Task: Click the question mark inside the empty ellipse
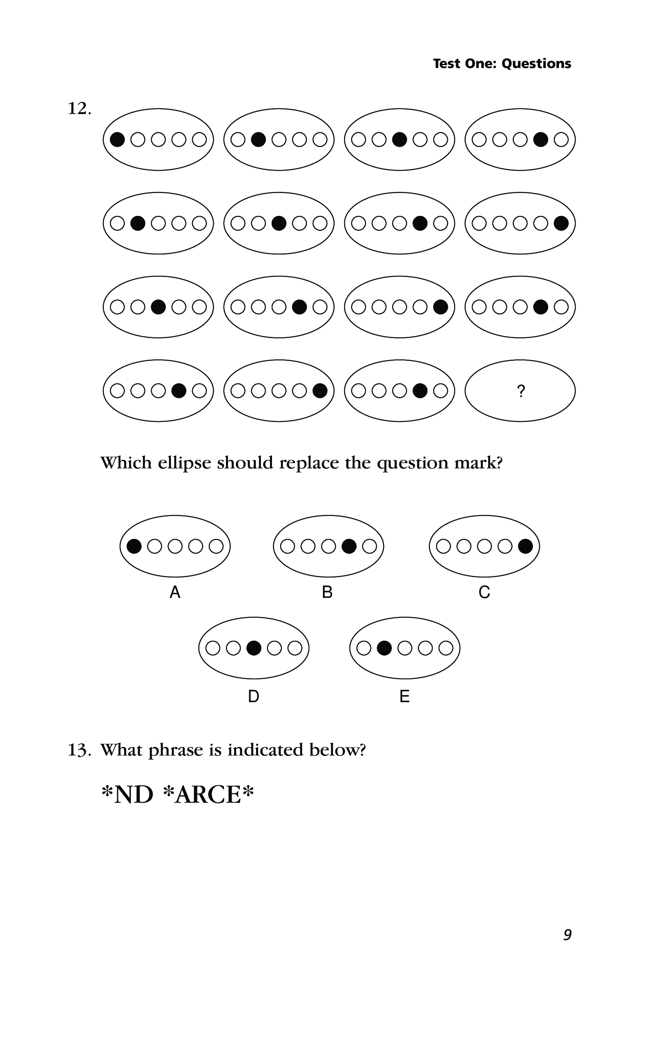click(x=521, y=391)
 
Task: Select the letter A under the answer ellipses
click(x=175, y=593)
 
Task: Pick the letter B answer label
click(x=327, y=593)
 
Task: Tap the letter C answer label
click(x=484, y=593)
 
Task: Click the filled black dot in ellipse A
click(x=134, y=546)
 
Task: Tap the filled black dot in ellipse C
click(x=525, y=546)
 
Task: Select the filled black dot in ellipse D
click(x=254, y=648)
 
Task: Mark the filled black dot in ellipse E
click(x=384, y=648)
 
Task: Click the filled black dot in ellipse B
click(x=349, y=546)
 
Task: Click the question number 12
click(x=79, y=109)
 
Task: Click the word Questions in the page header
click(x=536, y=64)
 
